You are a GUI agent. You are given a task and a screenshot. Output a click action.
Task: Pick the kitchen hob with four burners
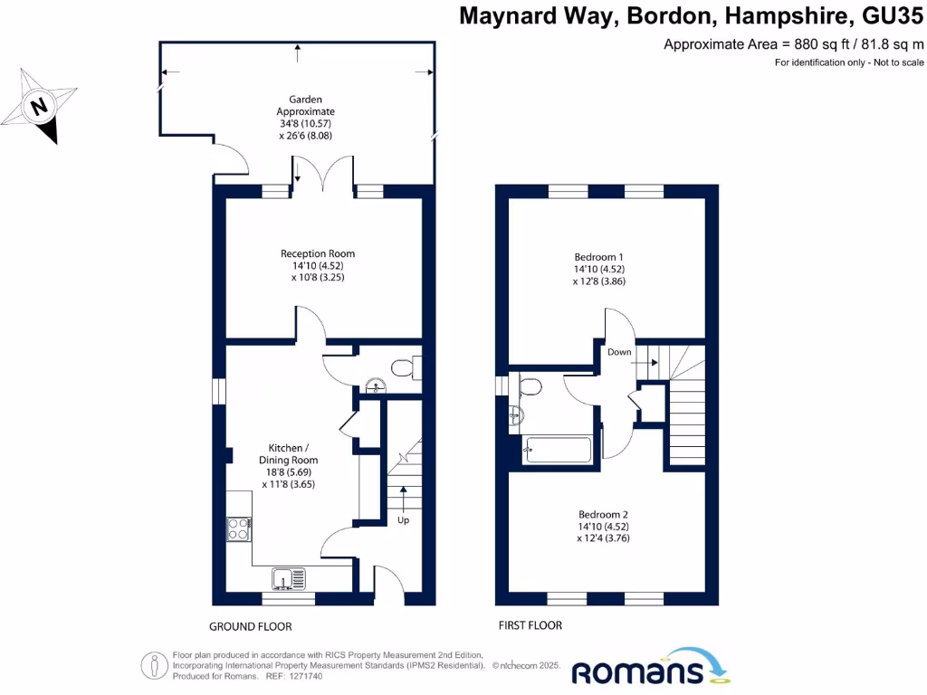click(238, 528)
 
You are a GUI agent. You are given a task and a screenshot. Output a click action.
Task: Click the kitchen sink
click(289, 576)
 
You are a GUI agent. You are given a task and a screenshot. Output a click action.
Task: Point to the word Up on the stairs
click(404, 521)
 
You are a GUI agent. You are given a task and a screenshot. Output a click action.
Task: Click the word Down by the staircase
click(620, 352)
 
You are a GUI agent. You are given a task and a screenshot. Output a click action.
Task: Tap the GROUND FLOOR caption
click(251, 626)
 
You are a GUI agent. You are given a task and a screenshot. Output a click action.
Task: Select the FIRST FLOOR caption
click(530, 625)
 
